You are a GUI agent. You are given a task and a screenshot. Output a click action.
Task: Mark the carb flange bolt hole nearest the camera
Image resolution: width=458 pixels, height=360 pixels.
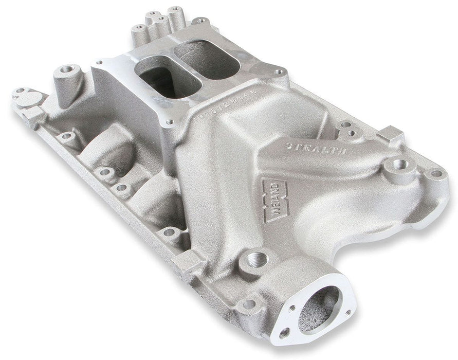169,122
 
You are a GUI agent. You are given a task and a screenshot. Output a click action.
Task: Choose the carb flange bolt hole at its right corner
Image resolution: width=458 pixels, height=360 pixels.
279,73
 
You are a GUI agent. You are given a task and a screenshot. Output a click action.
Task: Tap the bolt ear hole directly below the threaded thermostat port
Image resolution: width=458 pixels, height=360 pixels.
249,304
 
